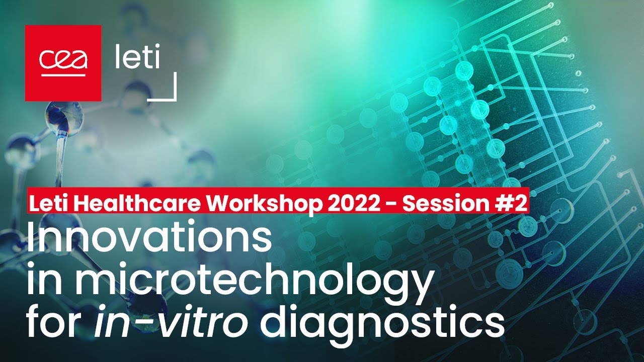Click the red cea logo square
63,63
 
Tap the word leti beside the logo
137,58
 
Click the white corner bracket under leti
169,93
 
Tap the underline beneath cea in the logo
63,75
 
